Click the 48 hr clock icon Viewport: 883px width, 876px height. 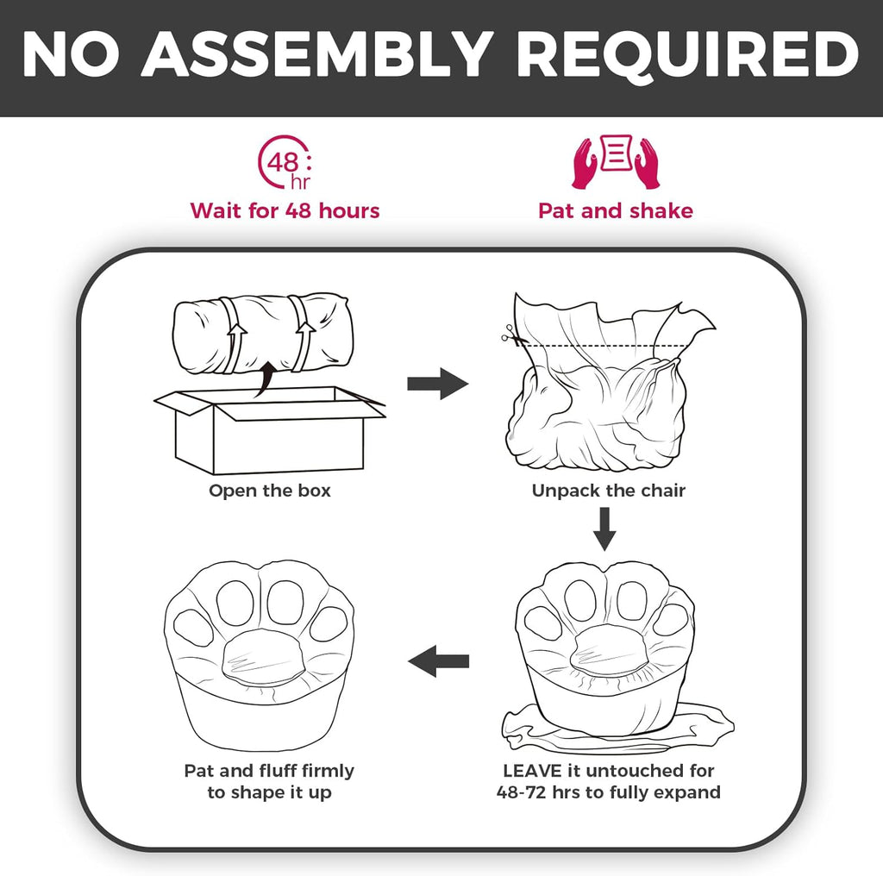pos(285,162)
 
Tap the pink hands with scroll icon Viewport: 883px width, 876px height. pos(616,161)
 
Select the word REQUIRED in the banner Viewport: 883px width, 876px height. pos(687,54)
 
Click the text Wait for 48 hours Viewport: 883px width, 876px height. pos(285,210)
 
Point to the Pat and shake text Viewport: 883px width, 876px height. pos(616,210)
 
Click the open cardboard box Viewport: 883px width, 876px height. pos(269,430)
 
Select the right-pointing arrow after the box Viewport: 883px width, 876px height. pos(437,384)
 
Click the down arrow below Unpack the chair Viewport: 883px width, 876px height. pos(604,529)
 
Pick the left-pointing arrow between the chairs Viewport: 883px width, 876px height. pos(438,661)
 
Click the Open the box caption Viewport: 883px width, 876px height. pos(270,491)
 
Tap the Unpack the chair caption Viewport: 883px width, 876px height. pos(608,491)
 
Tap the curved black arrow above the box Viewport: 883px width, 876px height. pos(266,379)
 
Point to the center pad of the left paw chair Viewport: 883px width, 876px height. pos(263,657)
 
